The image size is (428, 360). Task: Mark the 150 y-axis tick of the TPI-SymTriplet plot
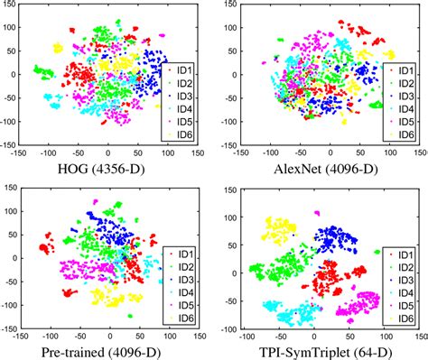[x=226, y=189]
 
